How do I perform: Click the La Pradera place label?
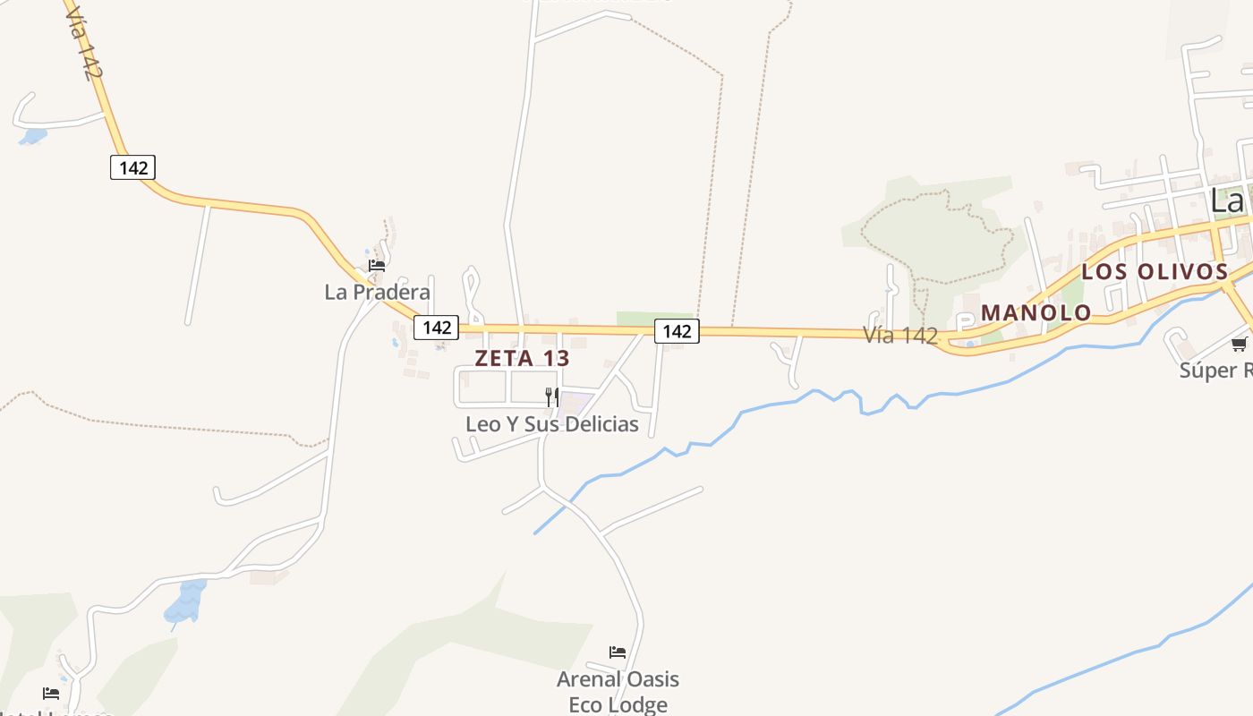tap(377, 292)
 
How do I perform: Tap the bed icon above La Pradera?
tap(377, 266)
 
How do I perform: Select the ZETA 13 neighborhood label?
tap(522, 358)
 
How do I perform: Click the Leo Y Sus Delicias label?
tap(551, 423)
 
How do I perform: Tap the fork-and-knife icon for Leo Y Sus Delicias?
tap(552, 396)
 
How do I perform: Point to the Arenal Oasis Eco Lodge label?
tap(618, 691)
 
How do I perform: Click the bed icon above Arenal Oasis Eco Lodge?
tap(618, 652)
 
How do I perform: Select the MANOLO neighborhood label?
tap(1036, 312)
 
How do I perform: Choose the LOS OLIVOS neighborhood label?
tap(1155, 271)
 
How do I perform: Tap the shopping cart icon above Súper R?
tap(1240, 344)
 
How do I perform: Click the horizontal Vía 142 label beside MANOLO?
tap(900, 335)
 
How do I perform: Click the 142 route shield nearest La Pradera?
tap(437, 327)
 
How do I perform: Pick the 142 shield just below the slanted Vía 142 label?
tap(132, 166)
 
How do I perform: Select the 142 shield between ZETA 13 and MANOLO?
tap(677, 331)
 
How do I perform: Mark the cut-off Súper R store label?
tap(1215, 370)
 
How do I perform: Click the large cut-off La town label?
tap(1228, 200)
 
